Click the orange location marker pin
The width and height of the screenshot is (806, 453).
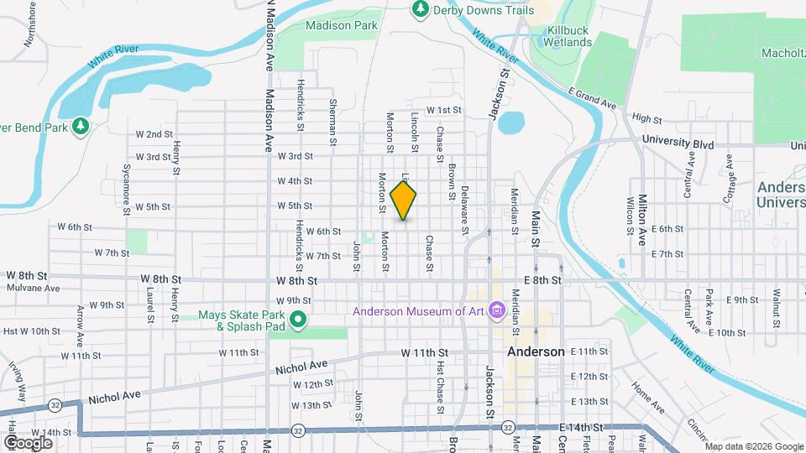pyautogui.click(x=404, y=200)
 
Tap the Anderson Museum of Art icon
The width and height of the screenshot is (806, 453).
pyautogui.click(x=496, y=311)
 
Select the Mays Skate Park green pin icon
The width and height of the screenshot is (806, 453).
pyautogui.click(x=296, y=320)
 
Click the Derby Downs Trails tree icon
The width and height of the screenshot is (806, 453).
pyautogui.click(x=421, y=9)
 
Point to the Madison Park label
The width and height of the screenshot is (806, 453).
pyautogui.click(x=342, y=26)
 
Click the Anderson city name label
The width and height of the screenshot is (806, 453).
pyautogui.click(x=536, y=352)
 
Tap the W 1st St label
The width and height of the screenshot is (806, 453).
pyautogui.click(x=445, y=110)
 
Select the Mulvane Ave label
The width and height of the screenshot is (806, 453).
pyautogui.click(x=34, y=288)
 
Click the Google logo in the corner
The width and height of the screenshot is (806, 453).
pyautogui.click(x=28, y=442)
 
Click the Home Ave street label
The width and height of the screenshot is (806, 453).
pyautogui.click(x=647, y=398)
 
